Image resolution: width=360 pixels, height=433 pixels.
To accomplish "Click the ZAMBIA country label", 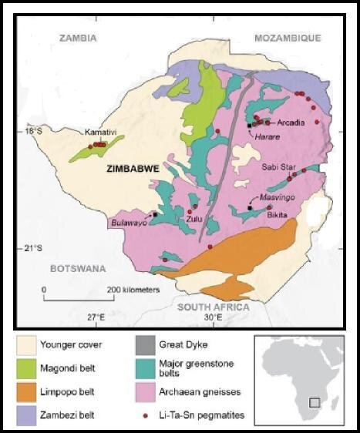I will tap(79, 38).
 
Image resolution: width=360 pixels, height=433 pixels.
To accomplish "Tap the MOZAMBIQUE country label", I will tap(287, 38).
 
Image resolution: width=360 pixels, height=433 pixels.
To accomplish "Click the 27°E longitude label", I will tap(95, 317).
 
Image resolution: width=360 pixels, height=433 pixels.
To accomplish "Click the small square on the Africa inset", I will tap(314, 402).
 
